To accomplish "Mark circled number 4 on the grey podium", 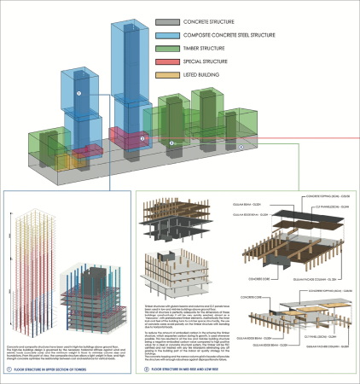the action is pyautogui.click(x=241, y=147).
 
